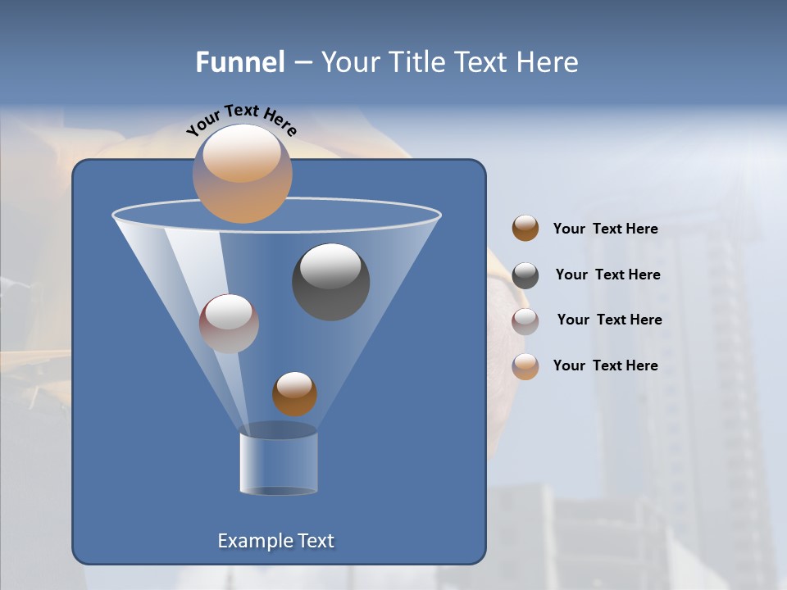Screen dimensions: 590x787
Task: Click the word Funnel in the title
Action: [239, 62]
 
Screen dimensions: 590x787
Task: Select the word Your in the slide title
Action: [348, 62]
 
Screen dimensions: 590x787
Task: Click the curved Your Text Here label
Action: [242, 118]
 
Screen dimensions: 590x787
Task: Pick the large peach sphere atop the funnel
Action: [243, 174]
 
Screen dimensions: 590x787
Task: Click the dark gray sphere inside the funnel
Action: [331, 282]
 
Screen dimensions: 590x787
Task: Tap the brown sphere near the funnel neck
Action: [294, 393]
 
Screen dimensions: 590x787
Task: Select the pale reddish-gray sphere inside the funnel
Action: [229, 323]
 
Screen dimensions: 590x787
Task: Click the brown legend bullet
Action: [525, 229]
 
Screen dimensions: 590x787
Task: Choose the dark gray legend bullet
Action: [525, 275]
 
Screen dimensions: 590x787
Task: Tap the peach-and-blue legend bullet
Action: [525, 366]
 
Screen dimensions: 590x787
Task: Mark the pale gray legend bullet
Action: [525, 321]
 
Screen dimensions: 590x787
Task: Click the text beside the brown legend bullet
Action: [605, 229]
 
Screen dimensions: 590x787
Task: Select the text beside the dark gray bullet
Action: [607, 275]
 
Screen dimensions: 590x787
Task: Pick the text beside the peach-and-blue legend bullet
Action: [605, 365]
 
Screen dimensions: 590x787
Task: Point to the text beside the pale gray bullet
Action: [609, 320]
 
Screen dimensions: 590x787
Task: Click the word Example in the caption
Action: [255, 541]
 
